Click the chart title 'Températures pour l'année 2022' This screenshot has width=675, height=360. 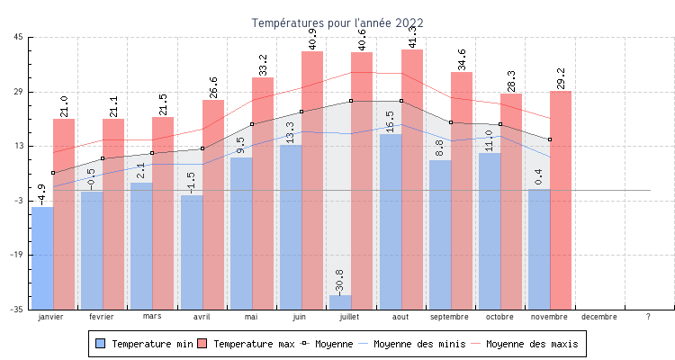pyautogui.click(x=337, y=22)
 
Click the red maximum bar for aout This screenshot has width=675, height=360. pyautogui.click(x=412, y=180)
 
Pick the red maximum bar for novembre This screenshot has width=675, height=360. pyautogui.click(x=561, y=198)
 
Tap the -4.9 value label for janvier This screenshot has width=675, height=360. pyautogui.click(x=41, y=193)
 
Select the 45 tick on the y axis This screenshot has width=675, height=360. pyautogui.click(x=19, y=38)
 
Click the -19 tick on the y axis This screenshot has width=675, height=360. pyautogui.click(x=17, y=255)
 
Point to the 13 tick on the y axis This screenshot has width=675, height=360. pyautogui.click(x=19, y=146)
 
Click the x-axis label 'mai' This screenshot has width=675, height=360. pyautogui.click(x=251, y=317)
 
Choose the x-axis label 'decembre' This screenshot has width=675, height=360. pyautogui.click(x=599, y=317)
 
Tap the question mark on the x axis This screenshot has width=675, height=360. pyautogui.click(x=648, y=317)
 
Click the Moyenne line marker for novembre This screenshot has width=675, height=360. pyautogui.click(x=550, y=139)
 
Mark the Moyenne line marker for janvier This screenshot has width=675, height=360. pyautogui.click(x=53, y=173)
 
